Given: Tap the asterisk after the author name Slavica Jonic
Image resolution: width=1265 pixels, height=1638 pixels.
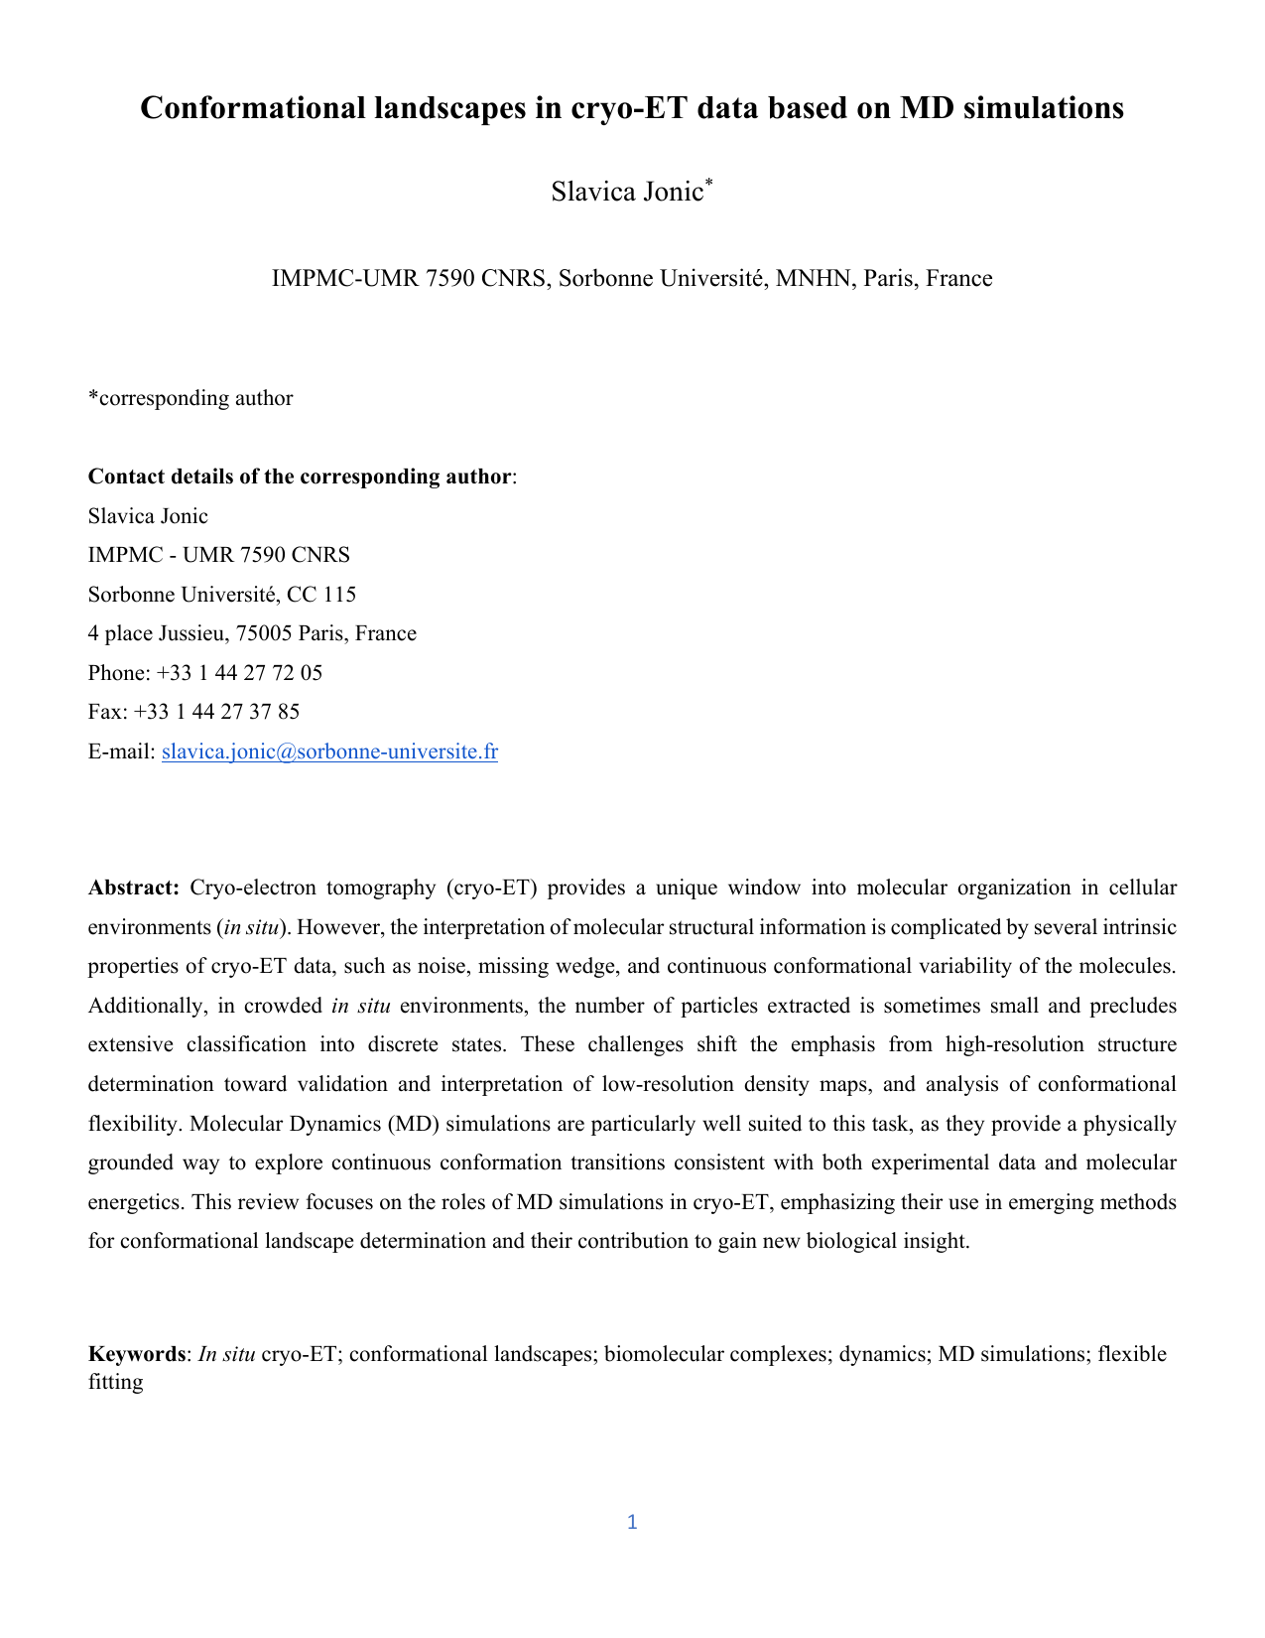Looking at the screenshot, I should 708,183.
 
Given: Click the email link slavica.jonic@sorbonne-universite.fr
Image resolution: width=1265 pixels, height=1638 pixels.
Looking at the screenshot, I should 329,751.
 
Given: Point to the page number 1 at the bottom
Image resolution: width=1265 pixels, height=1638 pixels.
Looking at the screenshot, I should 632,1522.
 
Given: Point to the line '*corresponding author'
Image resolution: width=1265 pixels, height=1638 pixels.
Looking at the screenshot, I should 190,398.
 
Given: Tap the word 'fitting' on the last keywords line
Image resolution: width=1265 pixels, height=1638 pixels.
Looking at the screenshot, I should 115,1381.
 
